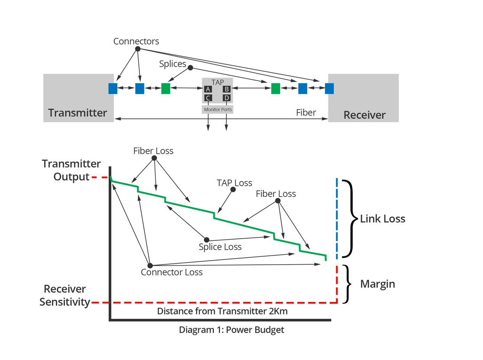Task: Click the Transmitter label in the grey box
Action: pyautogui.click(x=77, y=113)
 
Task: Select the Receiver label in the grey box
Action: pyautogui.click(x=364, y=115)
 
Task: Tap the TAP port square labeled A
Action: pyautogui.click(x=208, y=89)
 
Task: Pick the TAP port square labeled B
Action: pyautogui.click(x=226, y=89)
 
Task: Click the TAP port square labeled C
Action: pyautogui.click(x=208, y=98)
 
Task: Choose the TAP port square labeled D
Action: pyautogui.click(x=226, y=98)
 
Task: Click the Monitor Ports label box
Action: pyautogui.click(x=218, y=110)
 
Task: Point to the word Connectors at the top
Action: pyautogui.click(x=136, y=42)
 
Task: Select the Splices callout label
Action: pyautogui.click(x=172, y=64)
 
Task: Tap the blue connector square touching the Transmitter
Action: pyautogui.click(x=113, y=88)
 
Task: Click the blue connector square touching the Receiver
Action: pyautogui.click(x=329, y=88)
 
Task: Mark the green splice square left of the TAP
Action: pyautogui.click(x=165, y=88)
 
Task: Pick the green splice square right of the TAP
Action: pyautogui.click(x=276, y=88)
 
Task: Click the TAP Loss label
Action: pyautogui.click(x=234, y=183)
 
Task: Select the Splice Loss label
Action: pyautogui.click(x=220, y=247)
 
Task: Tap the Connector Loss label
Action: pyautogui.click(x=171, y=272)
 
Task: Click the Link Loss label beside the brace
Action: pyautogui.click(x=383, y=219)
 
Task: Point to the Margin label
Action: pyautogui.click(x=377, y=284)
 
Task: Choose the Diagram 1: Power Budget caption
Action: pyautogui.click(x=232, y=330)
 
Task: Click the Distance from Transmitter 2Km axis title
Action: pyautogui.click(x=222, y=311)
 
